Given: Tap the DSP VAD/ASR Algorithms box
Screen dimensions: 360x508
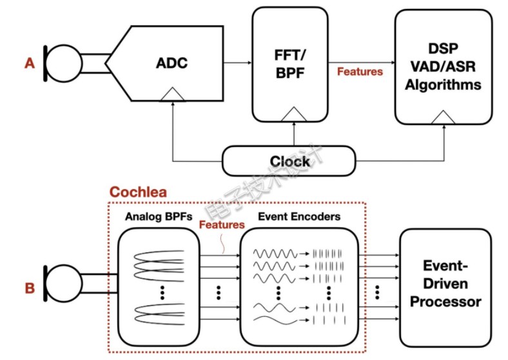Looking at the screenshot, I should pyautogui.click(x=442, y=67).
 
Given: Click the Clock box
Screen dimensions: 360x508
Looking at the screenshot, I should pyautogui.click(x=289, y=161).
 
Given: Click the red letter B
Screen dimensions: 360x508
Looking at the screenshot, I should pyautogui.click(x=29, y=288).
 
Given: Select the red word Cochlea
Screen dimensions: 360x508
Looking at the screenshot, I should pyautogui.click(x=137, y=192).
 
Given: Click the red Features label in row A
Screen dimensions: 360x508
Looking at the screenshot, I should pyautogui.click(x=360, y=72).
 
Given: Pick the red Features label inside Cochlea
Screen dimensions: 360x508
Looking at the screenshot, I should pyautogui.click(x=222, y=225).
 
